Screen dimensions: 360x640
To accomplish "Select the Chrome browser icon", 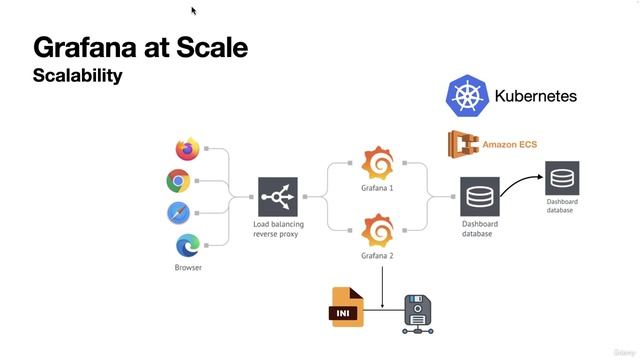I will tap(179, 181).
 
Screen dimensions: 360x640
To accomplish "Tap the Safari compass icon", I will tap(179, 213).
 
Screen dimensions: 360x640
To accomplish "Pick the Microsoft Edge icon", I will tap(187, 245).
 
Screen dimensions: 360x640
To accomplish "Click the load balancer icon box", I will tap(277, 197).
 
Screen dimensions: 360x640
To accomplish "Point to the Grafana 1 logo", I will tap(377, 163).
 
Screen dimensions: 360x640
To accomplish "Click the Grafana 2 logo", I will tap(377, 232).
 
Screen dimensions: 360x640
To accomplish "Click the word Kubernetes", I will tap(535, 97).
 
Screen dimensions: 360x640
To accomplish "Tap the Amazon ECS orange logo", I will tap(463, 146).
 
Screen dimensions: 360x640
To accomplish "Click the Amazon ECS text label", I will tap(509, 145).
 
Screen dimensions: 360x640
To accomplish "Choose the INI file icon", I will tap(347, 307).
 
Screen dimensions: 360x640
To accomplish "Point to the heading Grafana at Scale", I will tap(140, 47).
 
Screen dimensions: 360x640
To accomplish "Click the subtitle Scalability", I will tap(77, 75).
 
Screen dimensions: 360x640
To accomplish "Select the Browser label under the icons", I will tap(188, 267).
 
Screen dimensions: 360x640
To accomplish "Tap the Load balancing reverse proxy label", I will tap(278, 229).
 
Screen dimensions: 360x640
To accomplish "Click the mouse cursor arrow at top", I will tap(194, 11).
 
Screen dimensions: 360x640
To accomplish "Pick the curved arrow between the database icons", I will tap(521, 180).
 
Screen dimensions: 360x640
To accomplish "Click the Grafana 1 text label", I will tap(377, 187).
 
